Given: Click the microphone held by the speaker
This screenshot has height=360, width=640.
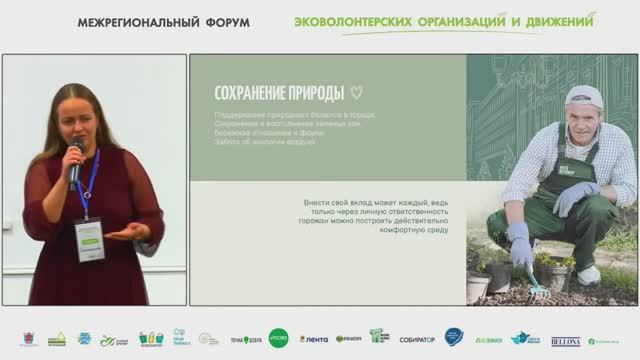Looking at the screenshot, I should tap(75, 162).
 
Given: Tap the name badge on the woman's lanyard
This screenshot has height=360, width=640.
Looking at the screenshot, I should tap(88, 240).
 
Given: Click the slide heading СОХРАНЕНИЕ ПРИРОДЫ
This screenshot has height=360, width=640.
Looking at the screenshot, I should tap(273, 94).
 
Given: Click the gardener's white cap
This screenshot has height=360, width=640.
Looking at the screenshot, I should tap(584, 96).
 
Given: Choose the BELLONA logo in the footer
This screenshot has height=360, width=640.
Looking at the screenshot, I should tap(565, 339).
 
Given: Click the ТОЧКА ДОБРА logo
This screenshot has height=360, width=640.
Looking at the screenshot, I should tap(246, 339).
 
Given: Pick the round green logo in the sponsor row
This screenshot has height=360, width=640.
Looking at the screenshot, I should tap(278, 338).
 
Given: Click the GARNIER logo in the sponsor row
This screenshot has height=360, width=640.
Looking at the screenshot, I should tap(348, 339).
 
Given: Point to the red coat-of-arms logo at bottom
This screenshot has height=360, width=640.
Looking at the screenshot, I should tap(30, 339).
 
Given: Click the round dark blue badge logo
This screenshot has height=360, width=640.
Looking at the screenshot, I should tap(453, 338).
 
